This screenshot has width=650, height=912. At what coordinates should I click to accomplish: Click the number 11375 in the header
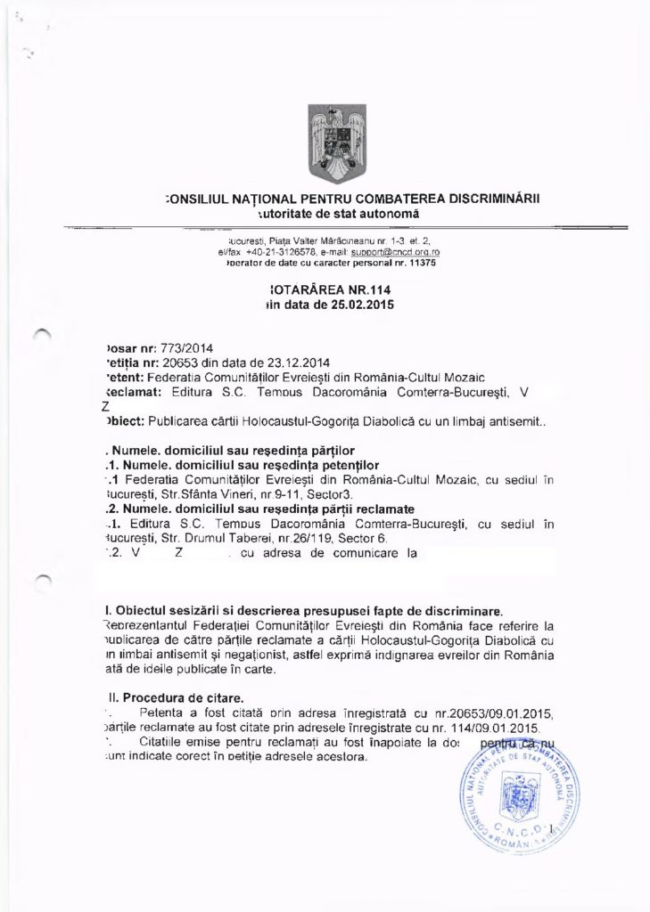point(400,265)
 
